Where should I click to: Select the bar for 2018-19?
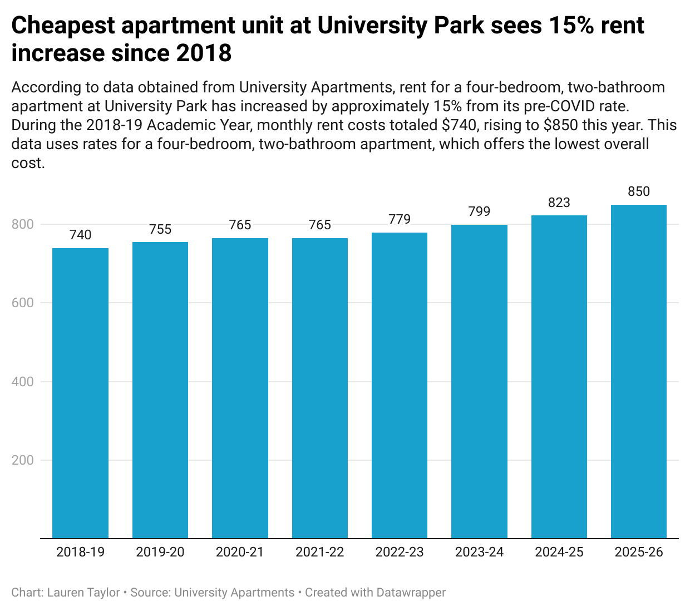[x=80, y=393]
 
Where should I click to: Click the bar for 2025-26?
[x=639, y=372]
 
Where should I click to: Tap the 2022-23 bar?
[x=400, y=385]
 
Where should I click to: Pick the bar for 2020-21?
[x=240, y=388]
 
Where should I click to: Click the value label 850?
[x=639, y=192]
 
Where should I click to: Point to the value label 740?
[x=80, y=235]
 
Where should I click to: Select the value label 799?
[x=479, y=211]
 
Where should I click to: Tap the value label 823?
[x=559, y=203]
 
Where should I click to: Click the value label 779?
[x=400, y=219]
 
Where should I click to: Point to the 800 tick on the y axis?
[x=22, y=224]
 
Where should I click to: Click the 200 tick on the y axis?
[x=22, y=460]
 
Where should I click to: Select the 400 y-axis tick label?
[x=22, y=382]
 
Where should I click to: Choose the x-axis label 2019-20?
[x=160, y=552]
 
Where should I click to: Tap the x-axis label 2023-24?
[x=479, y=552]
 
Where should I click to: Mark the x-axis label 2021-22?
[x=320, y=552]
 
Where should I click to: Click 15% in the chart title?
[x=570, y=26]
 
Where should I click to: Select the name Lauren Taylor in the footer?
[x=83, y=593]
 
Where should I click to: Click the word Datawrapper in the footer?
[x=411, y=593]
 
